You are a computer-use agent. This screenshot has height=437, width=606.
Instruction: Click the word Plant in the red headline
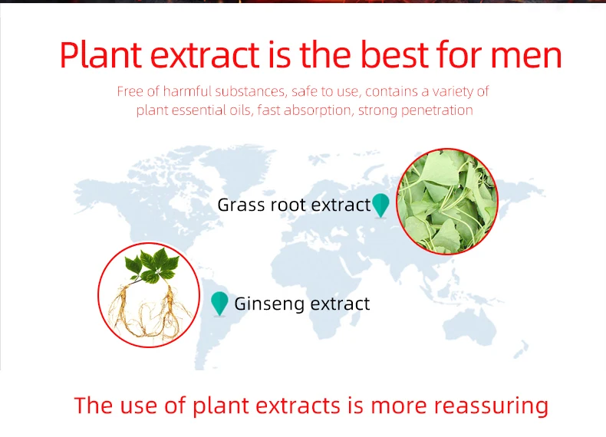tap(100, 54)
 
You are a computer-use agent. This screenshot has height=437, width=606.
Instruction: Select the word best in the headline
tap(394, 54)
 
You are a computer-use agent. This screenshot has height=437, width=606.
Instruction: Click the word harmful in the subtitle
tap(187, 91)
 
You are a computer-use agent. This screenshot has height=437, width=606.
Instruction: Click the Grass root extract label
tap(294, 205)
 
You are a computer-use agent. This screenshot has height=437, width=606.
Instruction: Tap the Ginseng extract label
tap(301, 304)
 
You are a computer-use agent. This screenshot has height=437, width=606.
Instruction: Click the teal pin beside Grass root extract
tap(380, 205)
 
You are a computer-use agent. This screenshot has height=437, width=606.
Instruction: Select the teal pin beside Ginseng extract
tap(219, 304)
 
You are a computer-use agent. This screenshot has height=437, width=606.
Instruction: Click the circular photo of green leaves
tap(447, 202)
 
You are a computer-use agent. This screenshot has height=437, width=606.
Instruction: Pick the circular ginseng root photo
tap(149, 295)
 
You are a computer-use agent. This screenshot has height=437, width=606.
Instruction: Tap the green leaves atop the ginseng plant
tap(152, 265)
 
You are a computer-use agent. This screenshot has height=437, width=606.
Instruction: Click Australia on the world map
tap(469, 328)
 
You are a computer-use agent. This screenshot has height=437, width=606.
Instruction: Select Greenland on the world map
tap(239, 163)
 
